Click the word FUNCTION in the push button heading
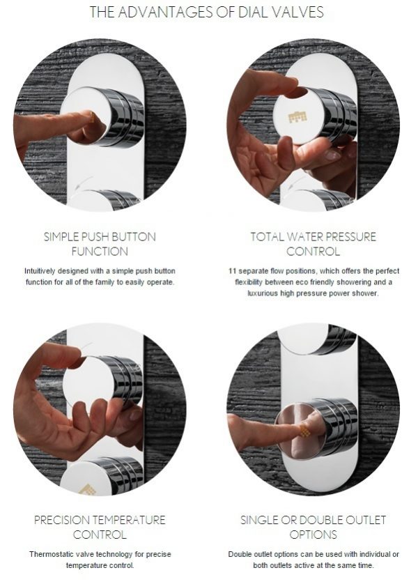pos(100,252)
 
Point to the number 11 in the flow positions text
pos(232,271)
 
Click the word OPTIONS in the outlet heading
pos(313,535)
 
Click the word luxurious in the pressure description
pos(263,293)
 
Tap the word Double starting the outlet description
pos(240,554)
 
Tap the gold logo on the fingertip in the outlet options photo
pos(305,431)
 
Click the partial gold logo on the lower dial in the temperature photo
pos(86,489)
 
